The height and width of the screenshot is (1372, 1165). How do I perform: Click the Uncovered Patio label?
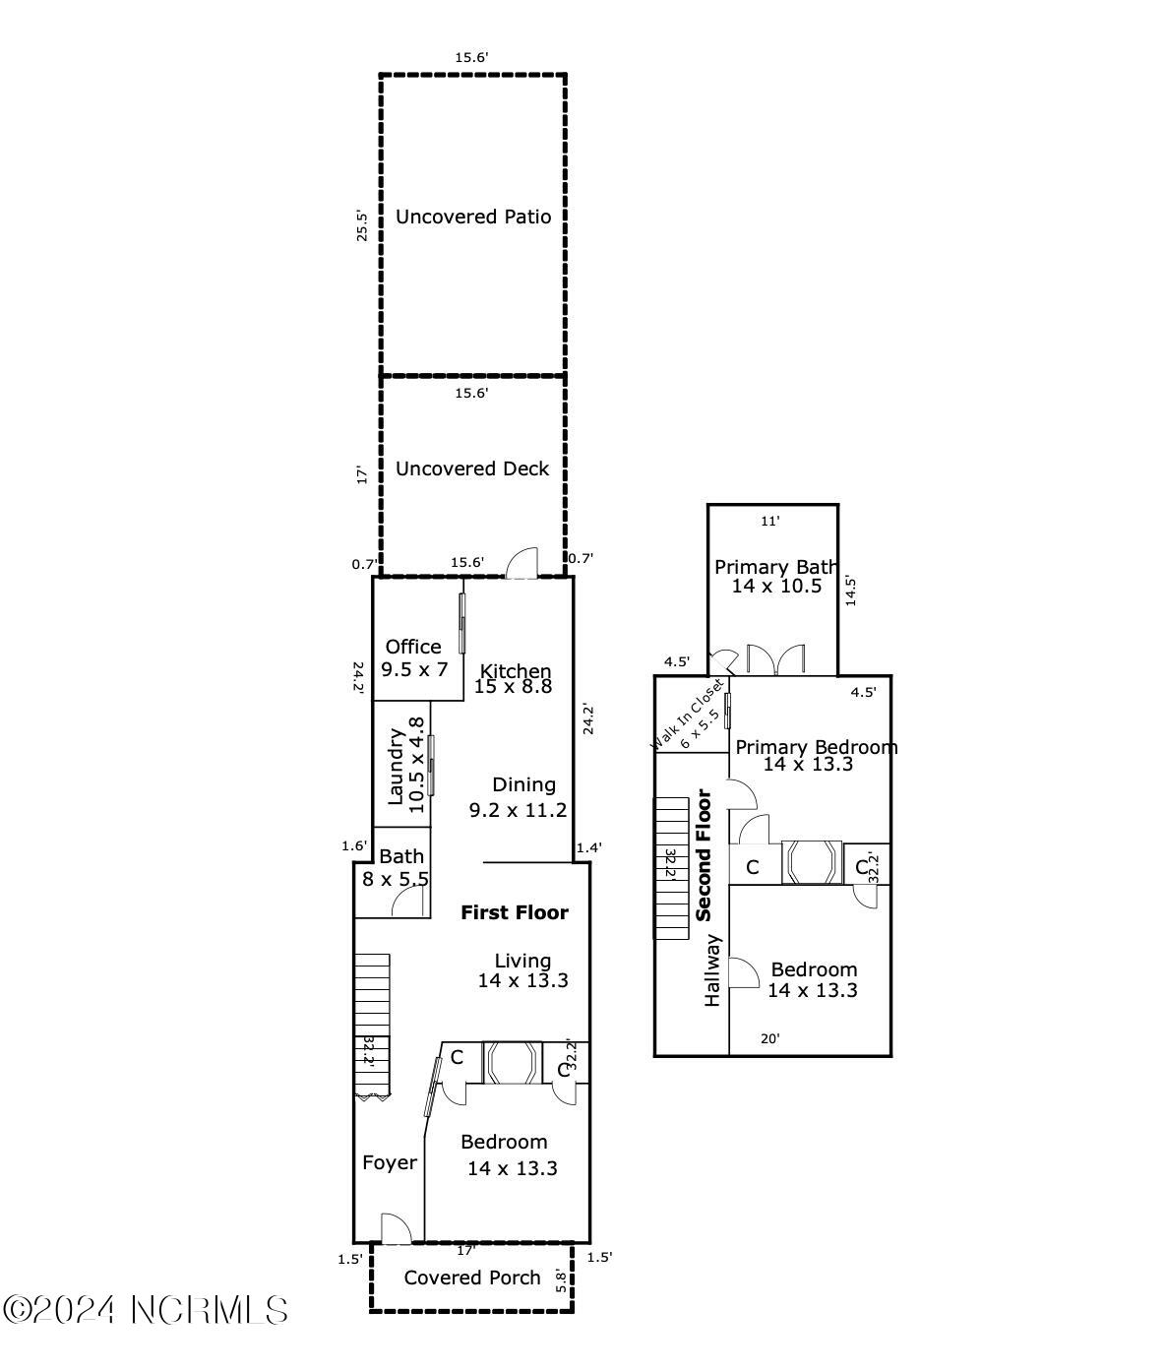coord(473,217)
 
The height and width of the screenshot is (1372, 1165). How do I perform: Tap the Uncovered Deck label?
coord(472,468)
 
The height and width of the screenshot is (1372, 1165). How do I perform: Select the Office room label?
coord(413,647)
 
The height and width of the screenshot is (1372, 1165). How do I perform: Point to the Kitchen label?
coord(516,671)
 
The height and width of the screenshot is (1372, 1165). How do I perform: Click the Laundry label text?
coord(396,766)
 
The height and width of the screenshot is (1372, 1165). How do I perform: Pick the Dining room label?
coord(523,784)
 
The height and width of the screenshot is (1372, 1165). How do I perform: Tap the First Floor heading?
coord(515,912)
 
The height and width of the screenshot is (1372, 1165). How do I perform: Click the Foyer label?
coord(390,1162)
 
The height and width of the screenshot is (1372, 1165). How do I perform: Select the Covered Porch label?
coord(472,1278)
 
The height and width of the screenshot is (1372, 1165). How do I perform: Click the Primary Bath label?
coord(775,567)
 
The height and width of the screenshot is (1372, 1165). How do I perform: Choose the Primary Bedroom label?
coord(817,747)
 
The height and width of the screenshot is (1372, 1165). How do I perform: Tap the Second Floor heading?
coord(705,854)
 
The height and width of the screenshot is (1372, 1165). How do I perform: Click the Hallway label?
coord(713,970)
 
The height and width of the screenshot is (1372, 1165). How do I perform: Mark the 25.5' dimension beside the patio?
coord(362,225)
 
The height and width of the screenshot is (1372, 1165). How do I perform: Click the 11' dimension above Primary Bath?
coord(770,522)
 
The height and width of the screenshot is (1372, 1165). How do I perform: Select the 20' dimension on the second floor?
coord(772,1037)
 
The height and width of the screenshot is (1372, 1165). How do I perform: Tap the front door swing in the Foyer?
coord(396,1227)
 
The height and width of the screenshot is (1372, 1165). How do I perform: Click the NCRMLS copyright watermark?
coord(146,1310)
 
